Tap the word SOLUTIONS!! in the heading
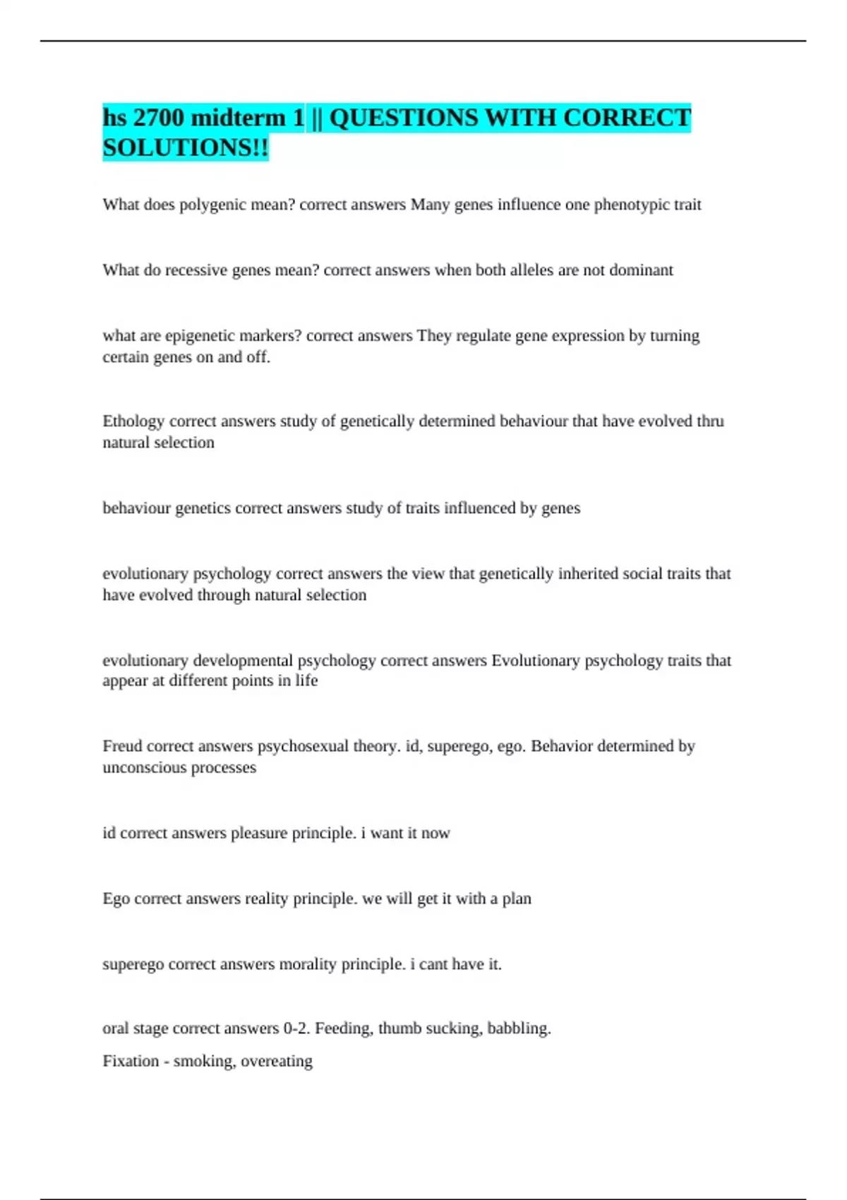click(x=186, y=148)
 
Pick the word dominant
click(x=641, y=270)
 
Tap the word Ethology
click(x=133, y=421)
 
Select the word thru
click(x=710, y=421)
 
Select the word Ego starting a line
click(x=116, y=899)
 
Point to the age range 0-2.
click(x=296, y=1028)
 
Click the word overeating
click(x=277, y=1061)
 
